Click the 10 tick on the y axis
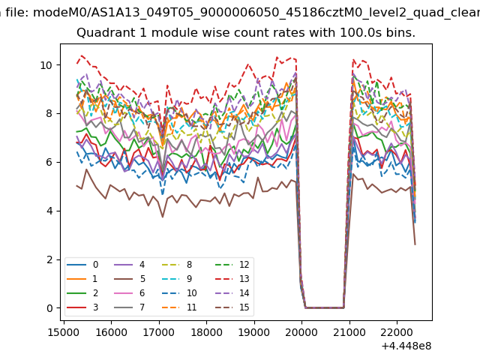pyautogui.click(x=46, y=65)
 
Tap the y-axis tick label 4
pyautogui.click(x=49, y=211)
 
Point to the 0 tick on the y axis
pyautogui.click(x=49, y=308)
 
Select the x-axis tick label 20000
pyautogui.click(x=302, y=331)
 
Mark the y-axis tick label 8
pyautogui.click(x=49, y=113)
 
